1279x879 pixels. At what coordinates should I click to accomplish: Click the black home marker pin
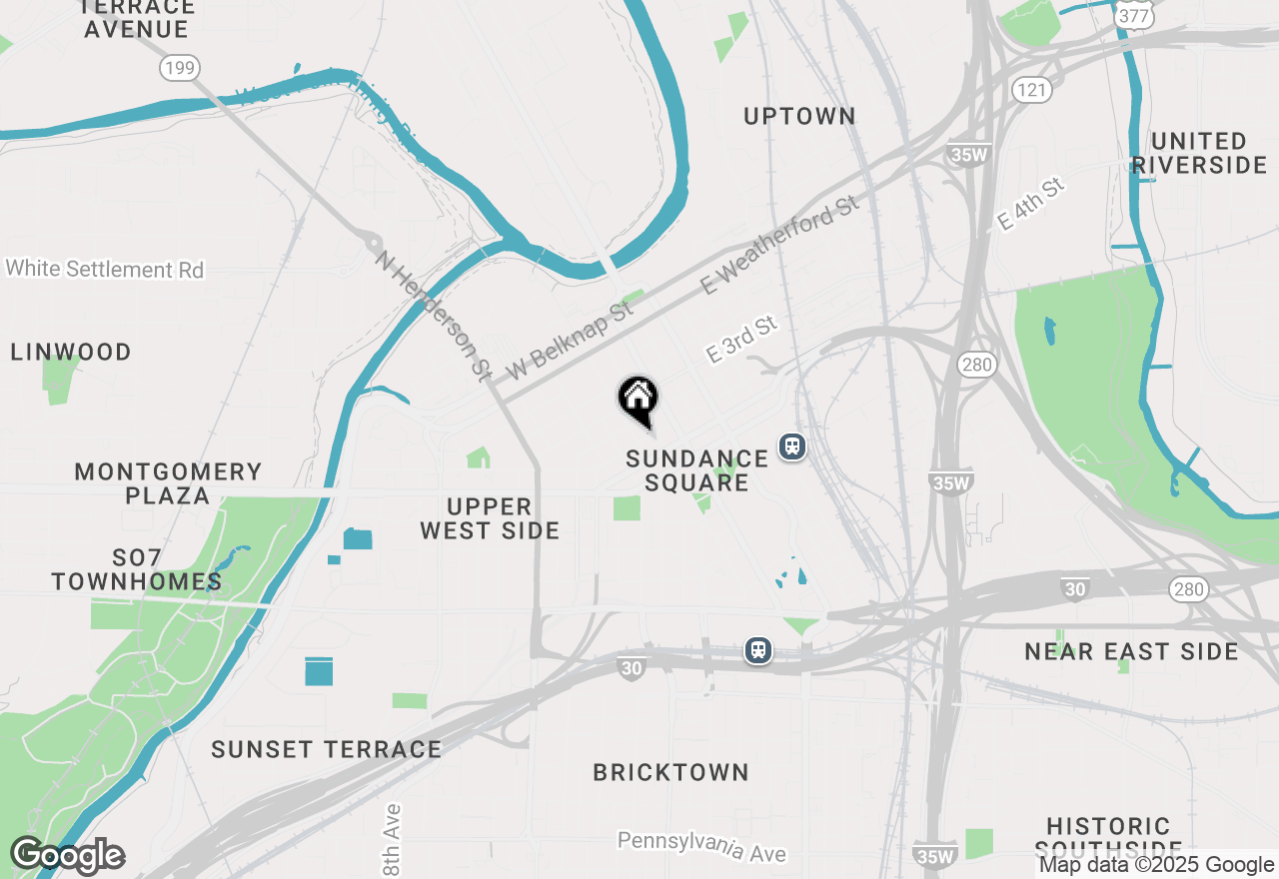pos(638,401)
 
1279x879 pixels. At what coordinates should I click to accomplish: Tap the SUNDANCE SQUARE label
pos(696,470)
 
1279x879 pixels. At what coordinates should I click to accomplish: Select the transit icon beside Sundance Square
pos(792,445)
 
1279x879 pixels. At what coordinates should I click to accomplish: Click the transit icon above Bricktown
pos(759,650)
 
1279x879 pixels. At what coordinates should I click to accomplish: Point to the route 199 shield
pos(179,68)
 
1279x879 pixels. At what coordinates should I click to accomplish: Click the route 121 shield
pos(1031,91)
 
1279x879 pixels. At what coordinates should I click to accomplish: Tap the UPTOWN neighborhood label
pos(799,116)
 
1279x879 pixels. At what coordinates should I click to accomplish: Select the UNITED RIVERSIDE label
pos(1199,153)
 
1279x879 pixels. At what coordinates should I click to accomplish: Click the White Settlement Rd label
pos(104,270)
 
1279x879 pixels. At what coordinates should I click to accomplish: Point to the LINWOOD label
pos(71,353)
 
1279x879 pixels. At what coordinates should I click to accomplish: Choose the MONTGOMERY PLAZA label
pos(168,483)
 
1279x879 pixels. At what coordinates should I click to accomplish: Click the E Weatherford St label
pos(779,245)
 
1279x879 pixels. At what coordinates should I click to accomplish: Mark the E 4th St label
pos(1032,206)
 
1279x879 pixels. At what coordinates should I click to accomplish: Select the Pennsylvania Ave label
pos(701,846)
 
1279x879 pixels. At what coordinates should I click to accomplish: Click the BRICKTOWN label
pos(670,773)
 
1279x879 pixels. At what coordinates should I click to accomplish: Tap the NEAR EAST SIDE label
pos(1131,652)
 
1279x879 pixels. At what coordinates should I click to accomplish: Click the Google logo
pos(67,856)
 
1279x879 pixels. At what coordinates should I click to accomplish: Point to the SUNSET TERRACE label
pos(326,749)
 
